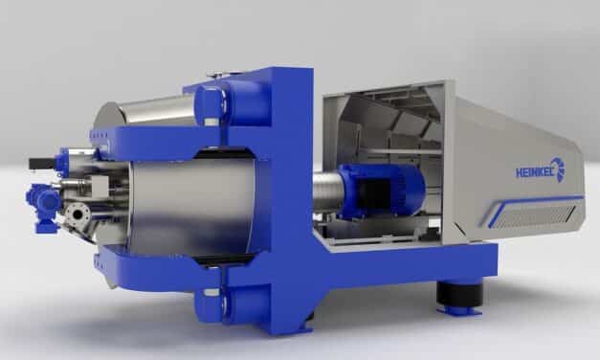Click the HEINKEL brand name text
535,173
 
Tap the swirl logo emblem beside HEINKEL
560,169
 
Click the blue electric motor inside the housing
382,191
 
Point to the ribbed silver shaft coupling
326,191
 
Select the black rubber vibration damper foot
458,294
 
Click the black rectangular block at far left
43,164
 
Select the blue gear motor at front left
43,207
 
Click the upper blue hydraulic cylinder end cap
209,103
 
